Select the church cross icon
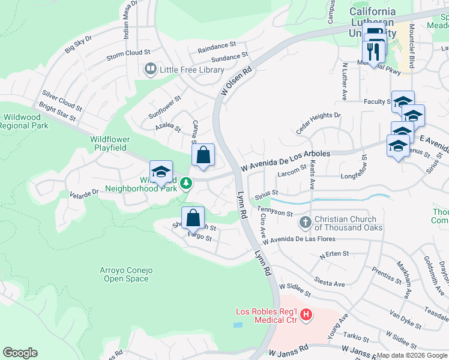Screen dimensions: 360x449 click(x=306, y=223)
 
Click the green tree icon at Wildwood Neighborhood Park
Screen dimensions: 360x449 click(x=187, y=183)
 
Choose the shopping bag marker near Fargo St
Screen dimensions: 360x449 click(x=193, y=218)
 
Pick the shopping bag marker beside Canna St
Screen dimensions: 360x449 click(x=203, y=155)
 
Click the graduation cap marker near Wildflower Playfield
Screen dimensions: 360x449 click(x=161, y=172)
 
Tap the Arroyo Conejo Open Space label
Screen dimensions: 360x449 click(x=124, y=274)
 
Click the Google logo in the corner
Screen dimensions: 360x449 click(x=20, y=353)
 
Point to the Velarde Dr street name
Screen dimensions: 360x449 click(x=83, y=194)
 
